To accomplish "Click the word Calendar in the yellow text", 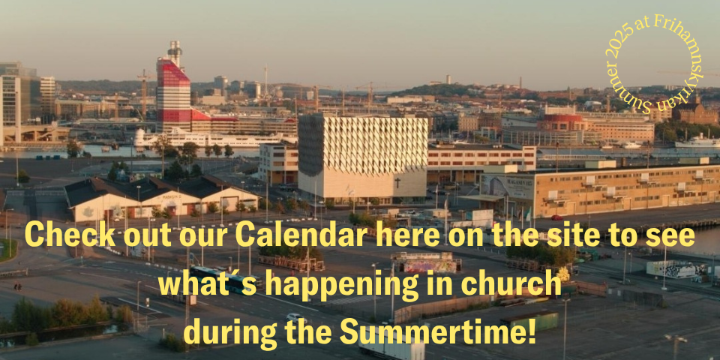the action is (301, 235).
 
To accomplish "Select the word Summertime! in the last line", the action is (437, 331).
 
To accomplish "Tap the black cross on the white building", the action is (397, 183).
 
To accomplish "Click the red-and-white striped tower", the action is (172, 91).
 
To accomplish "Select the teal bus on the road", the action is (220, 278).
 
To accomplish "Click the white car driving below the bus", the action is (295, 316).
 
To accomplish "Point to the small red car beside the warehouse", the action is (556, 217).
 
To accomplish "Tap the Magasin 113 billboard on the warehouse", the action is (508, 186).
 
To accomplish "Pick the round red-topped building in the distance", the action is (562, 122).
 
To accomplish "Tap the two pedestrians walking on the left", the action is (17, 286).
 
